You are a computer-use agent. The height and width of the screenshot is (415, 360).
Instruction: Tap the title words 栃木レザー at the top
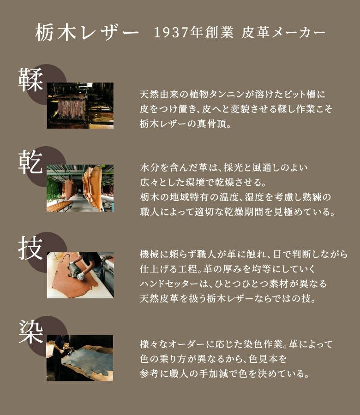(x=87, y=33)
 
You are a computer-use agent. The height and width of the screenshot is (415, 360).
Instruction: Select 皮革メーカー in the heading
(x=283, y=33)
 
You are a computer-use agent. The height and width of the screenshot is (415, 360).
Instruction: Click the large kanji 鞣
(x=30, y=80)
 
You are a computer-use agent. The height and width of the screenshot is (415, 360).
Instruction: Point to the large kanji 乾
(x=30, y=162)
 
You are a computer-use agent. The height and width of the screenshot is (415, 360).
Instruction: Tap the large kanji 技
(x=30, y=248)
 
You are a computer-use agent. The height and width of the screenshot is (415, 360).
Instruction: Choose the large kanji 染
(x=30, y=332)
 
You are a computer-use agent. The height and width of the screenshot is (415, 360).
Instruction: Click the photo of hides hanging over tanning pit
(x=80, y=106)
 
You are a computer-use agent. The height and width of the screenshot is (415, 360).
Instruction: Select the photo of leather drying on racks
(x=80, y=188)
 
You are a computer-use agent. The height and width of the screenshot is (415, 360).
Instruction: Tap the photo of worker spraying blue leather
(x=80, y=358)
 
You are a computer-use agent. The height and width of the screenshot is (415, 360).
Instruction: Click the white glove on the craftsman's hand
(x=80, y=276)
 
